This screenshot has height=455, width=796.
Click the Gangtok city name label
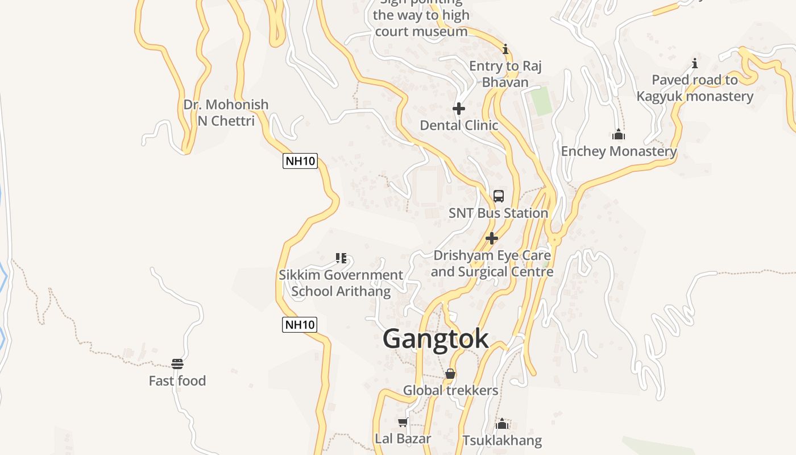436,338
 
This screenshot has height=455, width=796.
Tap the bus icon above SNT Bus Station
499,196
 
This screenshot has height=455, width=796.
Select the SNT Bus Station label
498,213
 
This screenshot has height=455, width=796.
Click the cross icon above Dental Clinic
459,108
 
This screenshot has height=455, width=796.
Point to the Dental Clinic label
459,125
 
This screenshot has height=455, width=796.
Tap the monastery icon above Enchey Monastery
619,135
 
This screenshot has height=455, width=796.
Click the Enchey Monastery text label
619,151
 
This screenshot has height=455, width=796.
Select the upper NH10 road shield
300,161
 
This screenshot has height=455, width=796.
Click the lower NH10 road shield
300,325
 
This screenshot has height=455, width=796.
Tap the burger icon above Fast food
177,364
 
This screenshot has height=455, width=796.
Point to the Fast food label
177,381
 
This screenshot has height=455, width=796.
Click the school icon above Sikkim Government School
341,258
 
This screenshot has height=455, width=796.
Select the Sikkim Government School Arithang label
341,283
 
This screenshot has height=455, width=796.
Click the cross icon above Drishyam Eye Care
492,238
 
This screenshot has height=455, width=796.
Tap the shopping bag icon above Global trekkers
450,374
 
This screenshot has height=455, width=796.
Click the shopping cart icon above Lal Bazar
403,422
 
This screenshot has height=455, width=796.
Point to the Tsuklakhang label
502,441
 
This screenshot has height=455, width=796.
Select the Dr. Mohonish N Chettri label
226,113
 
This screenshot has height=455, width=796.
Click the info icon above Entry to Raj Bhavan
505,49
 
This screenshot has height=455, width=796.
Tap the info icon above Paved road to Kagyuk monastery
694,63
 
